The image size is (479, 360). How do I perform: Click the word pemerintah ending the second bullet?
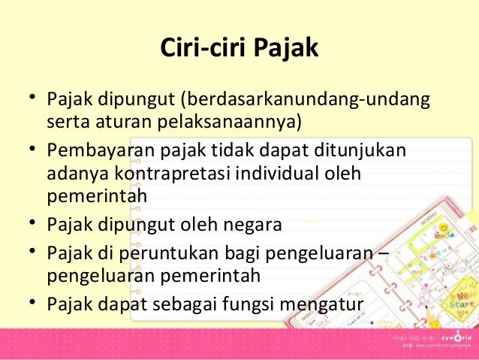click(x=96, y=196)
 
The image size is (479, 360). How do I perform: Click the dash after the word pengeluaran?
click(x=383, y=253)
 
